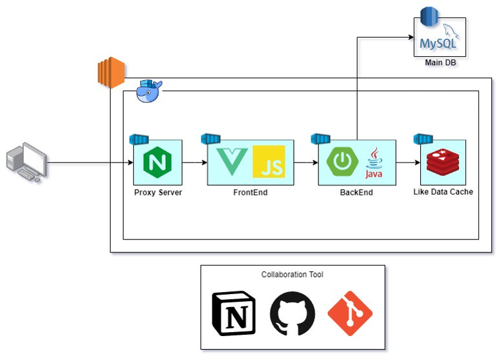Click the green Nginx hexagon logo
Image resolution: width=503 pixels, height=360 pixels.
tap(157, 162)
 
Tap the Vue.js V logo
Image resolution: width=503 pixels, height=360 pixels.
tap(232, 162)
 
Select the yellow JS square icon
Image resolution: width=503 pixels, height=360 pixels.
tap(269, 161)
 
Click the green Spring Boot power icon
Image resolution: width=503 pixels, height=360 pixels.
tap(342, 161)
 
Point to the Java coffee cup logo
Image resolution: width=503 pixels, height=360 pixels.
tap(374, 163)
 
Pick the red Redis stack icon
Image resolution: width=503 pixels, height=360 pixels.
tap(443, 162)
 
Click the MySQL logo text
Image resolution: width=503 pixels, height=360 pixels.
tap(438, 43)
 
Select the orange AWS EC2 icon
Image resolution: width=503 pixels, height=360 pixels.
tap(111, 73)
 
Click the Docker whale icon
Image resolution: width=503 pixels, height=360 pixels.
tap(149, 91)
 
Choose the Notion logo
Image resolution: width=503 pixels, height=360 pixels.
tap(234, 313)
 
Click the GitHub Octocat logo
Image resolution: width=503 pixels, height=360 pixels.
tap(292, 313)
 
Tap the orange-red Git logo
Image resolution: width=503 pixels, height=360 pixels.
tap(350, 313)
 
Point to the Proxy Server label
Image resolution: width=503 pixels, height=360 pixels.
tap(158, 192)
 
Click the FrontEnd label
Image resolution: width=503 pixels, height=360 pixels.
tap(251, 192)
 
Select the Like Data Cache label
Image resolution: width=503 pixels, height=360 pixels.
tap(443, 192)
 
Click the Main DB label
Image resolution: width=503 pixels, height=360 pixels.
tap(440, 63)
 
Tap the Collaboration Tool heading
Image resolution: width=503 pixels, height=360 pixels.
tap(292, 275)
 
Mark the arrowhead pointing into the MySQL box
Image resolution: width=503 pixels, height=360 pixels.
tap(411, 37)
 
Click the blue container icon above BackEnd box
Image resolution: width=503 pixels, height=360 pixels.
tap(320, 139)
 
